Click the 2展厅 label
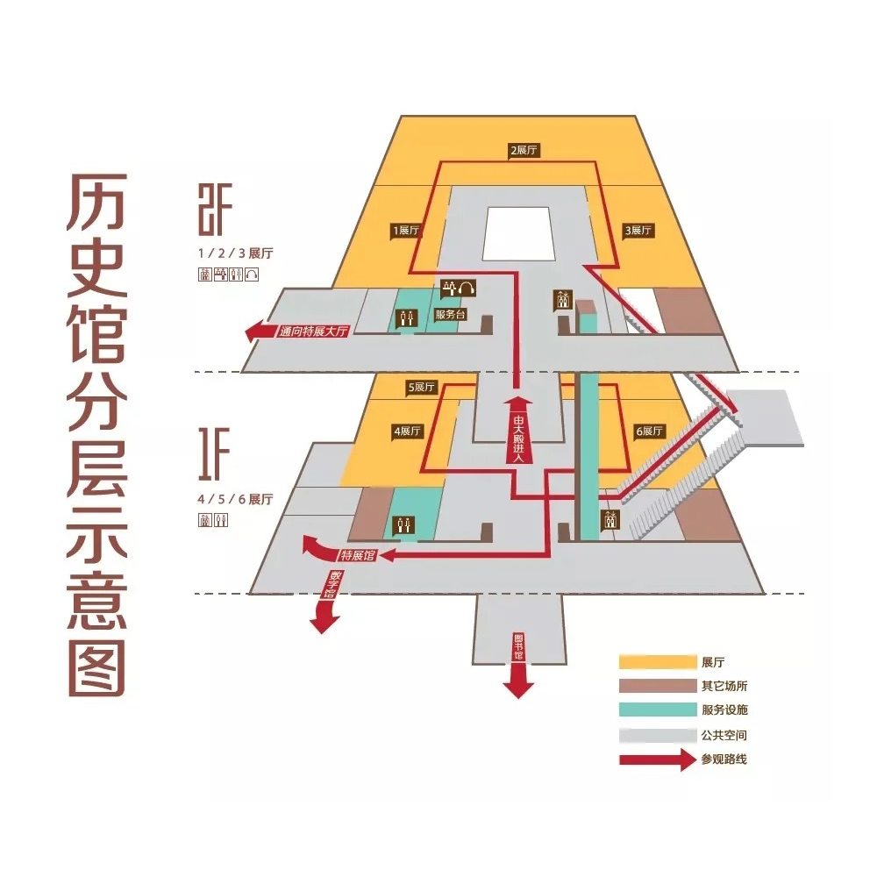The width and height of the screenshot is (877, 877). point(524,150)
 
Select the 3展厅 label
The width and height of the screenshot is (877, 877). point(638,231)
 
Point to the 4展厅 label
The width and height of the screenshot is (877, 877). point(408,431)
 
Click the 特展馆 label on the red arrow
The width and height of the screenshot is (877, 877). point(358,555)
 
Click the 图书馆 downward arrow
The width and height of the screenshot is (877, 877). point(518,667)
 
